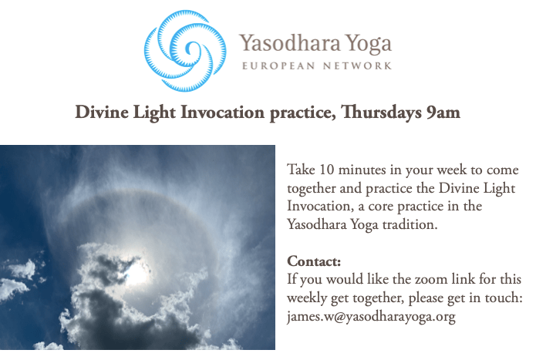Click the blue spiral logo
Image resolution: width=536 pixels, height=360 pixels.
pos(185,51)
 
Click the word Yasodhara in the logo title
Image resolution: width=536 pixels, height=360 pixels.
pos(289,43)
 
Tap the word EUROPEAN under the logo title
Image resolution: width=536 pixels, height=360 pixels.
pos(278,66)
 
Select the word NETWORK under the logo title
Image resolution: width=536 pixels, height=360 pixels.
pos(357,66)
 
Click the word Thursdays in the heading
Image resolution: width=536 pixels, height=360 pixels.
pos(381,113)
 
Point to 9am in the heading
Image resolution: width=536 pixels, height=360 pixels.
pos(443,113)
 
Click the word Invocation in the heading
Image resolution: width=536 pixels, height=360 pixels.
pos(222,112)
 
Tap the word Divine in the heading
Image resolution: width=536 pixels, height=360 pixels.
pos(102,112)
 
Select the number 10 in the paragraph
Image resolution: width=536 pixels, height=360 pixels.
pos(326,170)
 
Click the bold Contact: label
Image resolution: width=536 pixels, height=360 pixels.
pos(314,261)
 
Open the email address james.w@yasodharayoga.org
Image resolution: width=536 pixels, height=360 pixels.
pos(371,317)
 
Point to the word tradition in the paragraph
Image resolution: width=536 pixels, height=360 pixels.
pos(410,224)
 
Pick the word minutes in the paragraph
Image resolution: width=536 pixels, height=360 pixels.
pos(362,170)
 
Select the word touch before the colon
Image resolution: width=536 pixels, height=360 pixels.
pos(502,298)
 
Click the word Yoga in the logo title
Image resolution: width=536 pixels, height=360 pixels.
pos(368,45)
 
